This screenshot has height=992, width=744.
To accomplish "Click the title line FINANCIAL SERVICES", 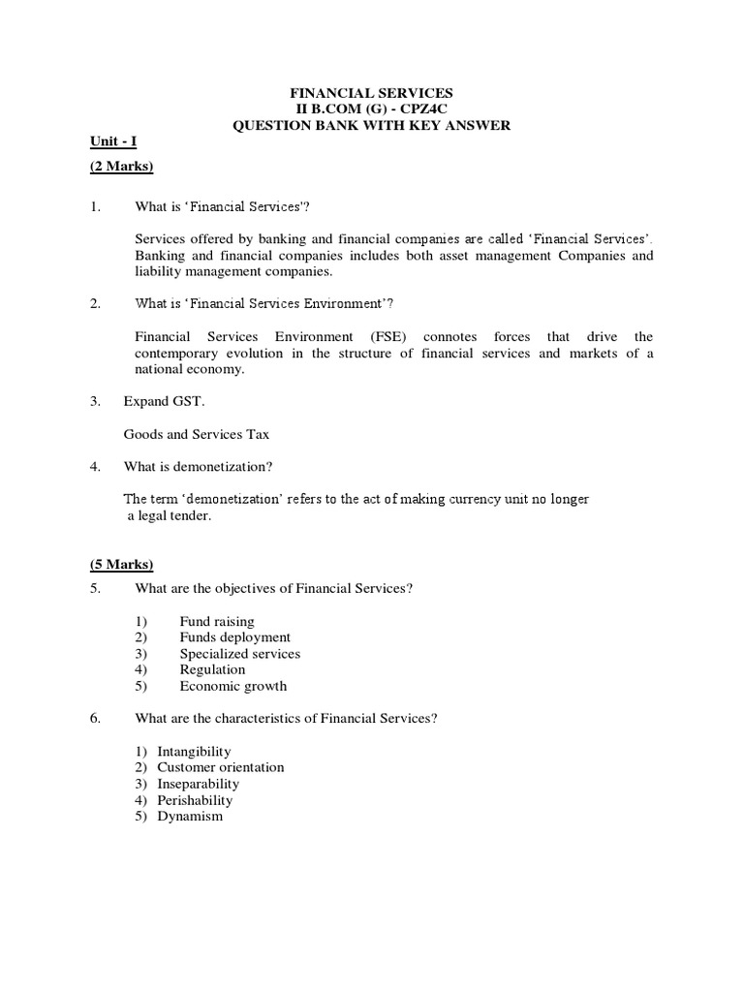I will point(372,92).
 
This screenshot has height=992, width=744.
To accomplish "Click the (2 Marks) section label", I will point(122,167).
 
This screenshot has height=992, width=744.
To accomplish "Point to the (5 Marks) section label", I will point(122,565).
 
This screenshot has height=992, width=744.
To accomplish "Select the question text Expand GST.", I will point(164,401).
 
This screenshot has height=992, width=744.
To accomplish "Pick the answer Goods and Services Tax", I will point(197,434).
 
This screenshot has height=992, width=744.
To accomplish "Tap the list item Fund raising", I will point(217,621).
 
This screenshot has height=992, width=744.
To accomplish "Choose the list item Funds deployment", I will point(234,637).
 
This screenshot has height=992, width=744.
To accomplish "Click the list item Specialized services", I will point(239,653).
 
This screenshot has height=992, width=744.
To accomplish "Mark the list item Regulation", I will point(212,669).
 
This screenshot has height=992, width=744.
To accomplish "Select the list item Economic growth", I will point(233,686).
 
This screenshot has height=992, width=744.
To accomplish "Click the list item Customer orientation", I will point(221,767).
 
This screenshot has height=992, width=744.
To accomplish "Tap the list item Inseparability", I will point(198,784).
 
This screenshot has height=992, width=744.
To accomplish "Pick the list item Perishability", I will point(195,800).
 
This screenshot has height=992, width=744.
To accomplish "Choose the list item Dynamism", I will point(190,816).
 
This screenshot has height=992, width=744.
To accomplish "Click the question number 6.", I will point(95,718).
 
